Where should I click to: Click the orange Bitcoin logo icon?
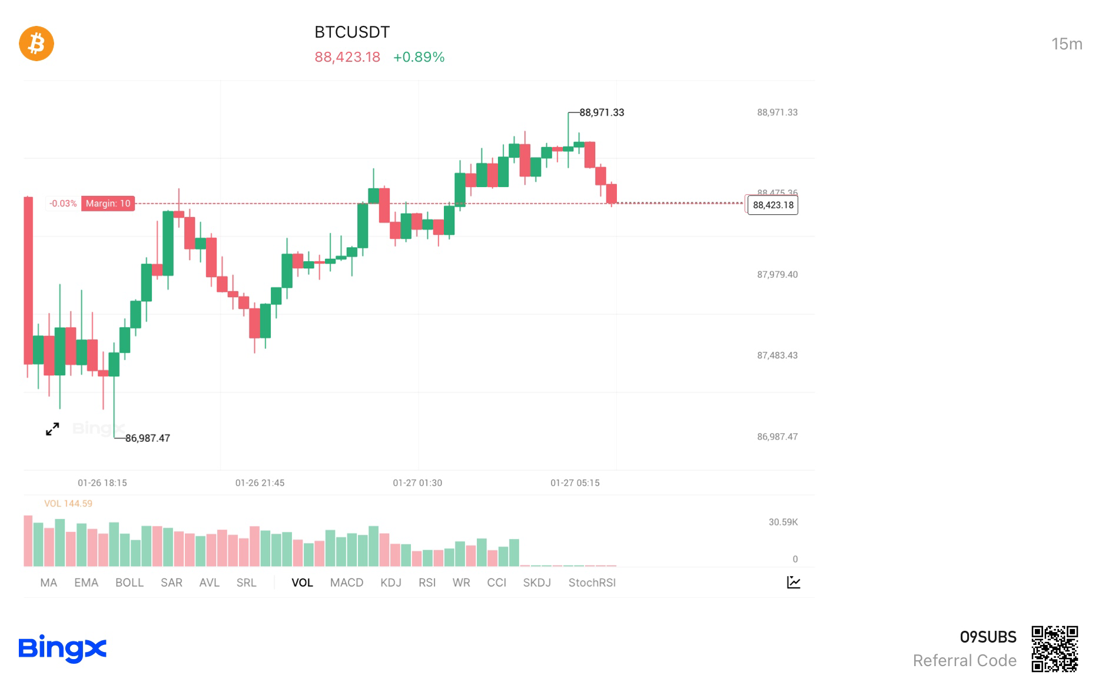click(36, 44)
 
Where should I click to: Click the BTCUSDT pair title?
click(352, 32)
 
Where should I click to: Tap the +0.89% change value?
click(419, 57)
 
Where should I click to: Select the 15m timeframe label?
click(1066, 44)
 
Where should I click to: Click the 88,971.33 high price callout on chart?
click(601, 112)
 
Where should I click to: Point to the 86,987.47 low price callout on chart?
click(147, 438)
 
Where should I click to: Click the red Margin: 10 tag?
click(108, 204)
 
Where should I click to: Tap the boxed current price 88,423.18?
click(773, 205)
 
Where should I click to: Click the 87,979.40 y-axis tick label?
click(777, 275)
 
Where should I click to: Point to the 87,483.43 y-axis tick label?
click(777, 355)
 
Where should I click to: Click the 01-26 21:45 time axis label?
click(260, 483)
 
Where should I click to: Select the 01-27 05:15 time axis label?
click(575, 483)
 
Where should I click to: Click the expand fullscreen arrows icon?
click(52, 429)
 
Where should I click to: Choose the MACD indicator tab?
click(346, 583)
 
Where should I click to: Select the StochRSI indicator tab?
click(592, 583)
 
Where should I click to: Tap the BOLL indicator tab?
click(129, 583)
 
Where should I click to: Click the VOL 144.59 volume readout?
click(68, 504)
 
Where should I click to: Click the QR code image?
click(1054, 648)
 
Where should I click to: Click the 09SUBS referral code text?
click(988, 637)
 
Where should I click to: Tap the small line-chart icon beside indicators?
click(793, 583)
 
